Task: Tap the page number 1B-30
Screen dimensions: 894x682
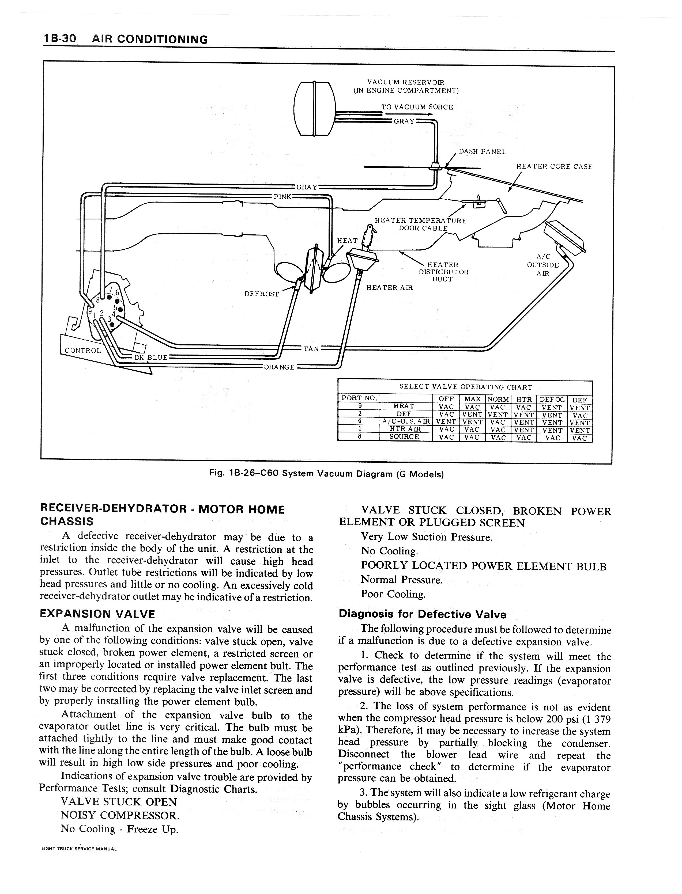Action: click(x=60, y=39)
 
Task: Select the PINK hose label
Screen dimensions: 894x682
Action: click(x=282, y=197)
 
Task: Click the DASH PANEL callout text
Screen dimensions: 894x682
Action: click(x=482, y=152)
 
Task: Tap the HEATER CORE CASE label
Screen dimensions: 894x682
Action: click(x=554, y=167)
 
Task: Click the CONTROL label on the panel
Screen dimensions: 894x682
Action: click(x=83, y=351)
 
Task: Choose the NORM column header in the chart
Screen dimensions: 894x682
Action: click(x=498, y=399)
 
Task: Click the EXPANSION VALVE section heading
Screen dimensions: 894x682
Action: click(x=97, y=614)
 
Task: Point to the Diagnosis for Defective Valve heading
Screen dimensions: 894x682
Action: click(x=423, y=615)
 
